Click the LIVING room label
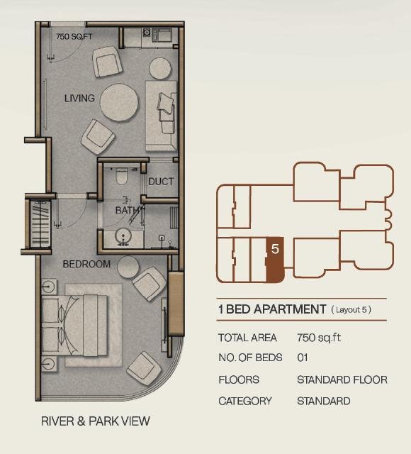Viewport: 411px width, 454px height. (79, 98)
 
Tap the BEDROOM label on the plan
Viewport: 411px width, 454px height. (86, 264)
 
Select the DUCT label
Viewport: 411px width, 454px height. (161, 182)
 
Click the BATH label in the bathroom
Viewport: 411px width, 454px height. (127, 210)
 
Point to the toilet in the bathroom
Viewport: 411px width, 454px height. (121, 176)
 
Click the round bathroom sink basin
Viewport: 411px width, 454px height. (123, 237)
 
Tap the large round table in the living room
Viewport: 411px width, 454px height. (119, 102)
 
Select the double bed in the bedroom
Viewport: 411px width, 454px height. (74, 326)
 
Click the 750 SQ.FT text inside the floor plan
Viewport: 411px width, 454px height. (74, 37)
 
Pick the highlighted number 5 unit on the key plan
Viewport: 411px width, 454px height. (275, 260)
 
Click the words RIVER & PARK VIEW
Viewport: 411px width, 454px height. (96, 421)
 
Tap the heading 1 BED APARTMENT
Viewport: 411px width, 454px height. (272, 309)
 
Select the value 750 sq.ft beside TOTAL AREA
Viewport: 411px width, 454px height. (319, 338)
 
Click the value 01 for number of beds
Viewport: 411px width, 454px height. (303, 358)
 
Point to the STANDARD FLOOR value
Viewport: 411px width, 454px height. (342, 380)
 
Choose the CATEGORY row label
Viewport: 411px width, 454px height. (245, 401)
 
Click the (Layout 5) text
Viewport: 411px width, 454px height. (351, 310)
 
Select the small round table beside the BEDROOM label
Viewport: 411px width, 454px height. (128, 267)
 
